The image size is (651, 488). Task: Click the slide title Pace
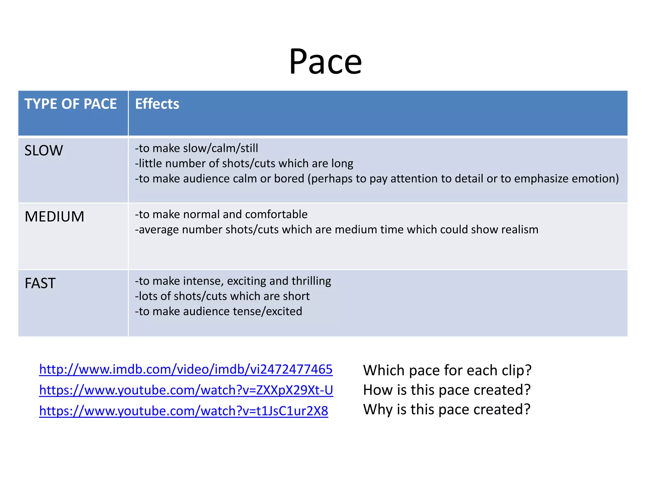(x=325, y=62)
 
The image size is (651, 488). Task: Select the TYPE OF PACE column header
(x=71, y=104)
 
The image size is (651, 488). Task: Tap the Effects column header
(x=157, y=104)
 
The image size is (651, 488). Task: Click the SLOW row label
(x=44, y=151)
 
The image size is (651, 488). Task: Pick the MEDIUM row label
(x=54, y=217)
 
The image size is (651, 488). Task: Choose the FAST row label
(x=40, y=283)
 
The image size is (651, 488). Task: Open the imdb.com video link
(x=186, y=369)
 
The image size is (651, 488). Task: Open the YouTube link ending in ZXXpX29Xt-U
(x=186, y=390)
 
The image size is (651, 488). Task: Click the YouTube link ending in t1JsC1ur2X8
(x=183, y=411)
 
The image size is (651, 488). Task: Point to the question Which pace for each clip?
(x=447, y=370)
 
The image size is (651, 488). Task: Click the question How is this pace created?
(x=447, y=390)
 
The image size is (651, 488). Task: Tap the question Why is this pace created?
(x=447, y=409)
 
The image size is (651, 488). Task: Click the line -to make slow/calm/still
(x=196, y=148)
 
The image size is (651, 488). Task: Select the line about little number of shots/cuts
(x=244, y=163)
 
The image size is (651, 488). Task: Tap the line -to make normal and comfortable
(x=221, y=214)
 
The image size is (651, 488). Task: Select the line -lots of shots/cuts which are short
(x=222, y=296)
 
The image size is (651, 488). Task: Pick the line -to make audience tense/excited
(x=219, y=311)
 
